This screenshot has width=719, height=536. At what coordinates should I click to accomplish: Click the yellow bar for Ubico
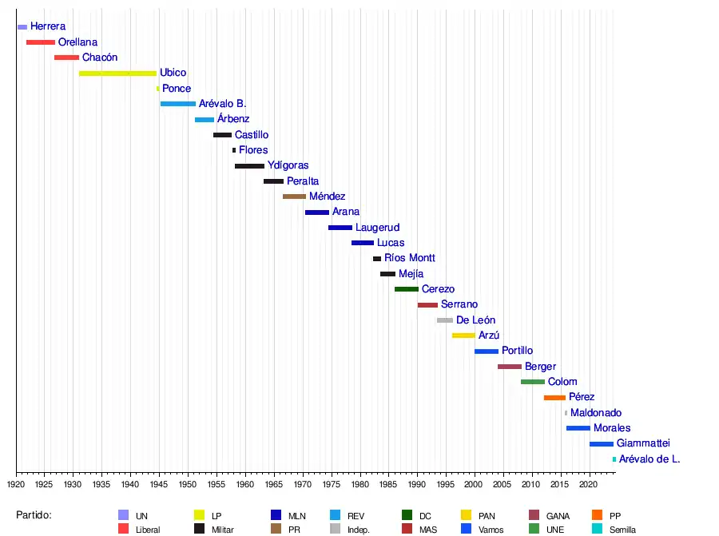(x=117, y=73)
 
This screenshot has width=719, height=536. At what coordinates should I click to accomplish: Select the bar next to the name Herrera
(x=22, y=27)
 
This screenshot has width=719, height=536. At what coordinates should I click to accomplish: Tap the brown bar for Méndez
(x=294, y=197)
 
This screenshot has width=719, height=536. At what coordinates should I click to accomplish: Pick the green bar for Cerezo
(x=406, y=289)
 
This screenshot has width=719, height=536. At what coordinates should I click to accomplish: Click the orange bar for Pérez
(x=554, y=398)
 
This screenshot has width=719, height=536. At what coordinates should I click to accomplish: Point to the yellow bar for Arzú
(x=463, y=335)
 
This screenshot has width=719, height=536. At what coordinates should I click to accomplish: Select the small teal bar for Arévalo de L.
(x=614, y=459)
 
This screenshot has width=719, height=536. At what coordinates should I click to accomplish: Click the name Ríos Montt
(x=409, y=258)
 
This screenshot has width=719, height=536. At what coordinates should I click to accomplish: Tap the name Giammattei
(x=643, y=443)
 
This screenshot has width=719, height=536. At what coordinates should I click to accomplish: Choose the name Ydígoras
(x=288, y=165)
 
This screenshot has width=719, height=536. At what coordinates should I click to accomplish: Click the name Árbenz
(x=233, y=119)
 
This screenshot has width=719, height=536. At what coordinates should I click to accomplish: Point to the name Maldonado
(x=596, y=413)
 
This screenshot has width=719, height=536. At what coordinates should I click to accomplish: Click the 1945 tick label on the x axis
(x=159, y=484)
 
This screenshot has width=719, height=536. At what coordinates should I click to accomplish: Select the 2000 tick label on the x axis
(x=474, y=484)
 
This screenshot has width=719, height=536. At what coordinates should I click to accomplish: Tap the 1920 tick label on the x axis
(x=16, y=484)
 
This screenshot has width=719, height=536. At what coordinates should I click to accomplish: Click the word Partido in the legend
(x=34, y=515)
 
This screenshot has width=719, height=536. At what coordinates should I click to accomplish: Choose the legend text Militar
(x=223, y=530)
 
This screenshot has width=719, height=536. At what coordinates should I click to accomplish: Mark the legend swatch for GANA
(x=534, y=515)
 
